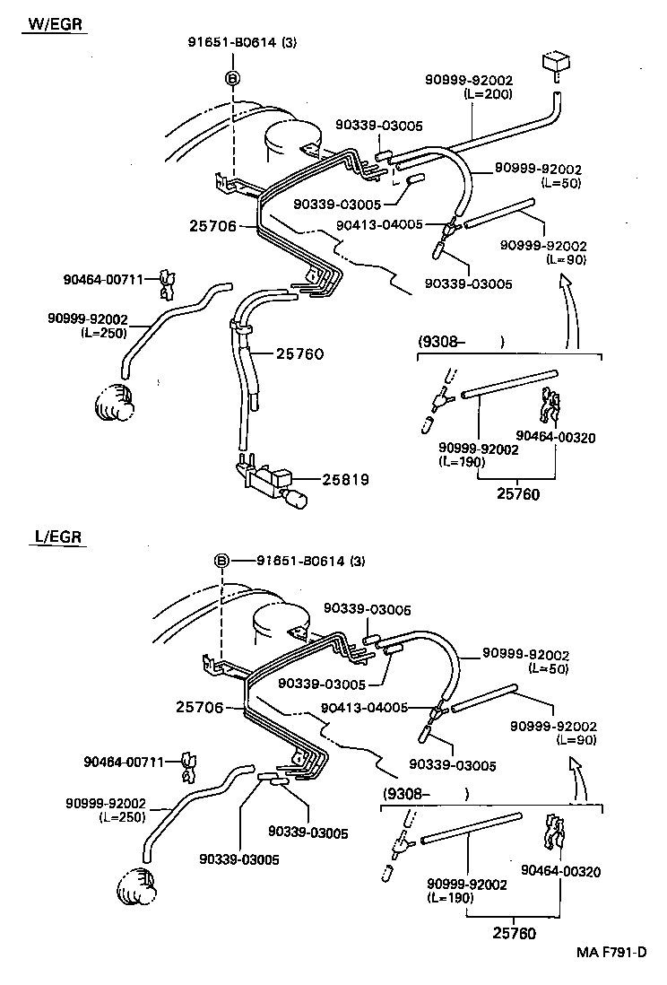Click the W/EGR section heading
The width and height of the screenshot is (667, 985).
56,24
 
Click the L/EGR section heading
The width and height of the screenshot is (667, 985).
58,538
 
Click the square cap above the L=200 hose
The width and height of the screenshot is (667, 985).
556,65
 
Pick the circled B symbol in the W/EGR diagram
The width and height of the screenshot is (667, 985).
232,79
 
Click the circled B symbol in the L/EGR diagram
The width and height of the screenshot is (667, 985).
222,562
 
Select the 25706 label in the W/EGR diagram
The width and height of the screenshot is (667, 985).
213,227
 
